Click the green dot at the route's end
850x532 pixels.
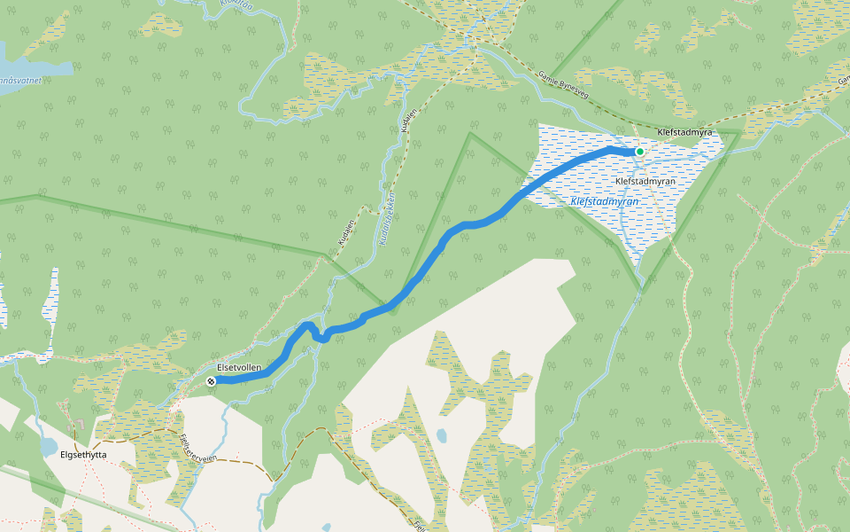pyautogui.click(x=639, y=152)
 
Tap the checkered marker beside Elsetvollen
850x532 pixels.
pyautogui.click(x=211, y=381)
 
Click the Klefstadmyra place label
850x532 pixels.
pyautogui.click(x=685, y=132)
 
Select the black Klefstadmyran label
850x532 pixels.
pyautogui.click(x=645, y=181)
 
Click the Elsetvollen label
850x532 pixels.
pyautogui.click(x=239, y=366)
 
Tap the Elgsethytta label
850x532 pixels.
pyautogui.click(x=83, y=455)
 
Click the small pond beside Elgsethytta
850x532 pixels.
pyautogui.click(x=46, y=446)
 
